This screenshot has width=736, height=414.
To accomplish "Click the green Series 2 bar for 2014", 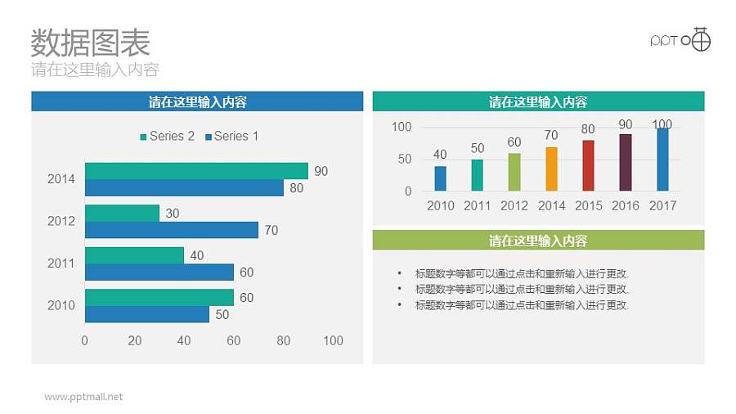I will pos(196,171).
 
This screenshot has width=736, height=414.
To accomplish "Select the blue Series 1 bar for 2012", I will pos(171,230).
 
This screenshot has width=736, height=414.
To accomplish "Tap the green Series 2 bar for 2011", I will pos(134,255).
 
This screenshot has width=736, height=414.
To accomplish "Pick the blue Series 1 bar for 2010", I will pos(146,314).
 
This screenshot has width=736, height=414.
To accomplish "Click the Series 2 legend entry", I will pos(167,137).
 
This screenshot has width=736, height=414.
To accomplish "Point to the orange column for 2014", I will pos(551,169).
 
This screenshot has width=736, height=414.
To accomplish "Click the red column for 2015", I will pos(588,165).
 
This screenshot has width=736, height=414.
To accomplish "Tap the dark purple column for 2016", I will pos(625,162).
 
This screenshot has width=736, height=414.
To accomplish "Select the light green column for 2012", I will pos(514,172).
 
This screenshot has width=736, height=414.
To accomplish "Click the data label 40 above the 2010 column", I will pos(440,155).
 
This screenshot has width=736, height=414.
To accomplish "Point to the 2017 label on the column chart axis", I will pos(662,205).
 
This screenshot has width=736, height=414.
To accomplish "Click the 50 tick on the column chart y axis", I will pos(404,160).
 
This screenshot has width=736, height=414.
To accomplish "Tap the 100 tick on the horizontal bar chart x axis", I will pos(333,340).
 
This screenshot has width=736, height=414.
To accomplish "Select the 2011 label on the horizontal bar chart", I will pos(61,263).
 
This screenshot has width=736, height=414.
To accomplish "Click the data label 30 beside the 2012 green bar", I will pos(173,213).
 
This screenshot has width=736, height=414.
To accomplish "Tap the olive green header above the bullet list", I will pos(538,241).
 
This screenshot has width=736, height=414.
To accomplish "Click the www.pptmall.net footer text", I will pos(83,397).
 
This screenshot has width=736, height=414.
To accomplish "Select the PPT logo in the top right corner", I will pos(680,39).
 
